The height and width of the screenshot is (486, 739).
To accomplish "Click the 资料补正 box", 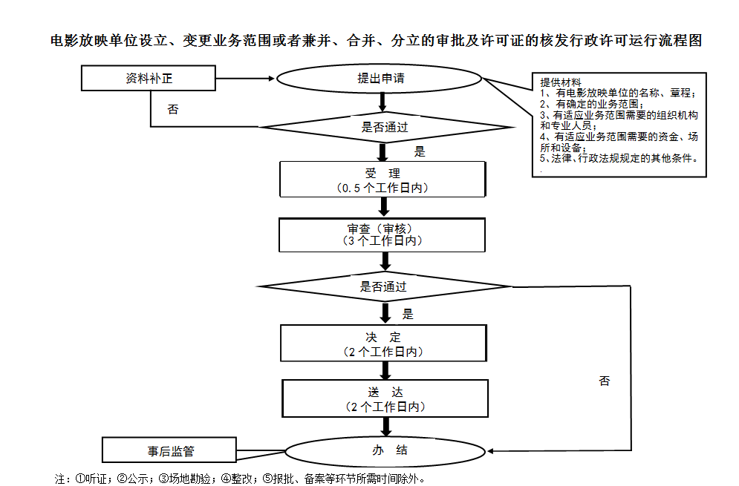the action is (x=148, y=78).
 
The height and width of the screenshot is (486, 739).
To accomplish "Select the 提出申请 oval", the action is (x=379, y=79).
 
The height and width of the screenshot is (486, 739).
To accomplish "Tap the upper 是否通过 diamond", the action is (x=385, y=127).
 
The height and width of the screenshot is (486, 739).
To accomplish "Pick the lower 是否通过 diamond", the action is (x=384, y=286).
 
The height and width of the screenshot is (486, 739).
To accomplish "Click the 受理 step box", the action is (x=382, y=180).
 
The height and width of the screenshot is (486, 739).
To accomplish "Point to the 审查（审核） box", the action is (x=382, y=235).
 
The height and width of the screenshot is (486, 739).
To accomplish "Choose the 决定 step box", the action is (x=383, y=344).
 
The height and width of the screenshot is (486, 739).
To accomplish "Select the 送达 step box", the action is (x=385, y=398).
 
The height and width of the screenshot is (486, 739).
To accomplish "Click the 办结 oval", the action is (x=385, y=451).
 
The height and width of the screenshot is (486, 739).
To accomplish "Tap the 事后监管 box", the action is (x=169, y=450).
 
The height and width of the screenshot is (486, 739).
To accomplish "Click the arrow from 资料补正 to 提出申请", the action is (x=245, y=79).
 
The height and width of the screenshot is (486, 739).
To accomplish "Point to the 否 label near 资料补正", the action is (x=173, y=110).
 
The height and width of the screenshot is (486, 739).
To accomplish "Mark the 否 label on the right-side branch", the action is (x=605, y=381).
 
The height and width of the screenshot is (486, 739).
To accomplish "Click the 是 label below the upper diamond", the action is (x=420, y=151).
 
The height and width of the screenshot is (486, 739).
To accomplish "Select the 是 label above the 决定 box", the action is (x=408, y=314).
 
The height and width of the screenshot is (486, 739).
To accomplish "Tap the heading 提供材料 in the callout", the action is (x=560, y=82).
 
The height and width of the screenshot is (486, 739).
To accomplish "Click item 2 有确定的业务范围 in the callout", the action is (x=592, y=104).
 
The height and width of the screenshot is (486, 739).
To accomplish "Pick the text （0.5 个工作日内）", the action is (x=382, y=188).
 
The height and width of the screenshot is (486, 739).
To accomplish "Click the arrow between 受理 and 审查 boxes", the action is (x=384, y=207).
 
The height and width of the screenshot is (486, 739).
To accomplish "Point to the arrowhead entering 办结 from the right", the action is (x=490, y=451).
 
